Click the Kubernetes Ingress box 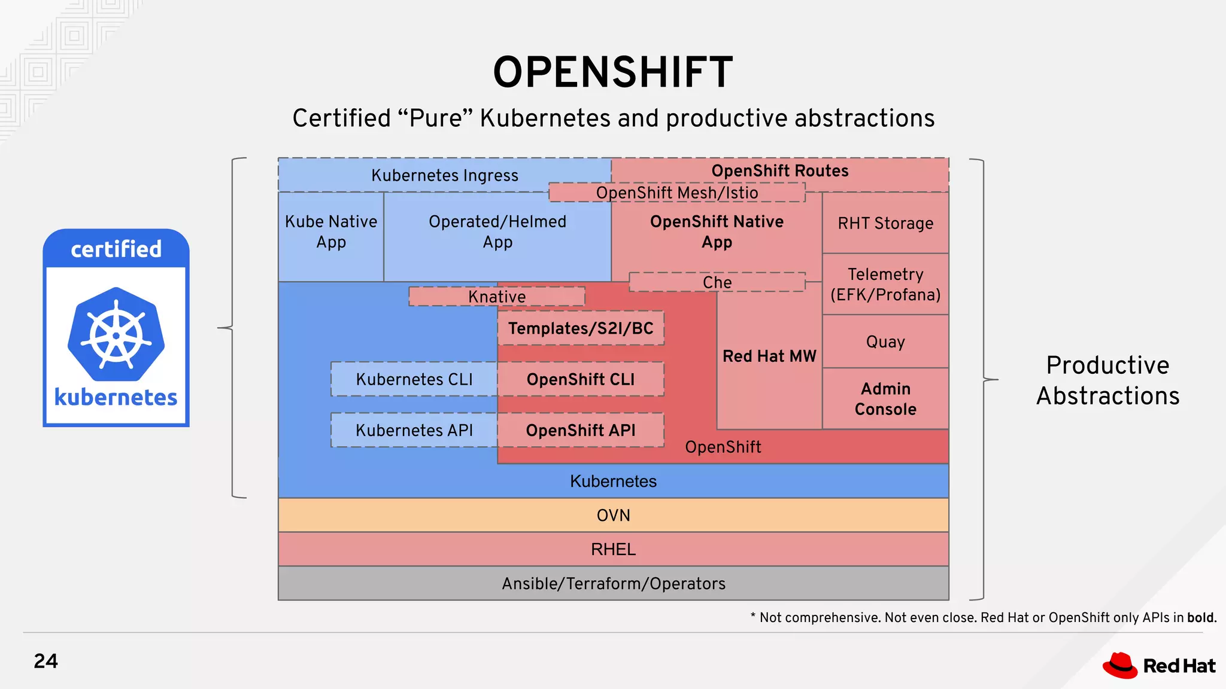click(444, 175)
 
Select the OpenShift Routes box click(779, 170)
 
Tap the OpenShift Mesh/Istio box click(677, 193)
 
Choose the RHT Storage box click(885, 223)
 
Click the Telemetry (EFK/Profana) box click(885, 284)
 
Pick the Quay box click(885, 342)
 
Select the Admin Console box click(885, 398)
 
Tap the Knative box click(497, 297)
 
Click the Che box click(717, 282)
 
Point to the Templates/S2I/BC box click(581, 328)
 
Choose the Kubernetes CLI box click(414, 379)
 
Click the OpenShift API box click(581, 430)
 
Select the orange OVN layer click(613, 515)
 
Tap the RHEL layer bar click(613, 549)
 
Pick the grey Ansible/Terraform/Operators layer click(613, 583)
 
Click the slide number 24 click(46, 661)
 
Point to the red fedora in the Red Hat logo click(1120, 665)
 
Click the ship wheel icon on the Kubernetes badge click(116, 334)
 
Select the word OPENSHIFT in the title click(613, 72)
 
